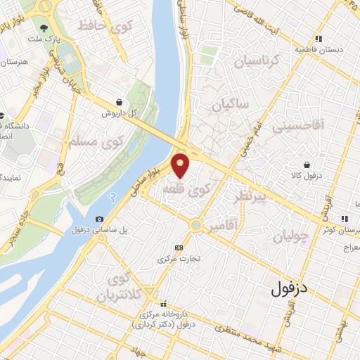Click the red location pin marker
182,165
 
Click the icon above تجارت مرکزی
179,247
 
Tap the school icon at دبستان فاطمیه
319,39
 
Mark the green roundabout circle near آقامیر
196,225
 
